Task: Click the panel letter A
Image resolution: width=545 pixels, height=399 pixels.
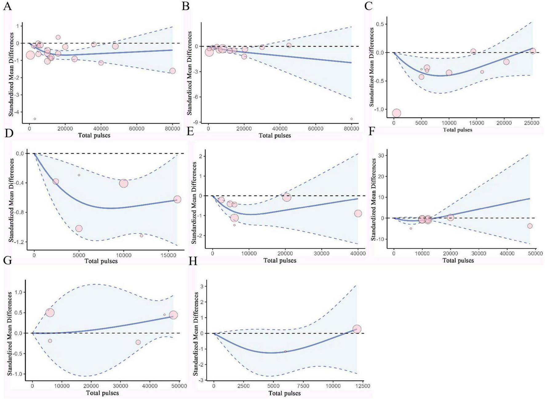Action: pyautogui.click(x=7, y=6)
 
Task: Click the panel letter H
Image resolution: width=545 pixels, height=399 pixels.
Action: pyautogui.click(x=193, y=261)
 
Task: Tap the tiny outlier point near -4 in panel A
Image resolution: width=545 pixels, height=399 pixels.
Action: pyautogui.click(x=35, y=119)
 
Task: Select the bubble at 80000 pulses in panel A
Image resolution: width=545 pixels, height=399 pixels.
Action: pyautogui.click(x=172, y=71)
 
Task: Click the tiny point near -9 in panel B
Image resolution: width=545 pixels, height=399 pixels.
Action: pyautogui.click(x=351, y=119)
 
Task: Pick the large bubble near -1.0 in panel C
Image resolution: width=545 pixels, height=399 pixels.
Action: pyautogui.click(x=396, y=113)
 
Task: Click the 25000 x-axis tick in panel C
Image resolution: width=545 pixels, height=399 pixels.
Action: pyautogui.click(x=531, y=123)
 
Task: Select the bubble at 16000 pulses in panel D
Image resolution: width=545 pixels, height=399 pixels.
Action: pyautogui.click(x=177, y=199)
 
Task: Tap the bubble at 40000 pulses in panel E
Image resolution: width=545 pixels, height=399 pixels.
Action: pyautogui.click(x=358, y=213)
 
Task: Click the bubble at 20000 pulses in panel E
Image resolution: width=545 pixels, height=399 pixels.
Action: pyautogui.click(x=287, y=197)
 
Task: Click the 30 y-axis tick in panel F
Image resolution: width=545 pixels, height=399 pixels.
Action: pyautogui.click(x=381, y=156)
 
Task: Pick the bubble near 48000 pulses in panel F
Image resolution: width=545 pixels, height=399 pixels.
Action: pyautogui.click(x=530, y=226)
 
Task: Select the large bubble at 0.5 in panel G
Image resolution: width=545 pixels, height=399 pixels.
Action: pyautogui.click(x=50, y=313)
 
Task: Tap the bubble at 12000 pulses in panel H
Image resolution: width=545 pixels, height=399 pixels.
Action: pyautogui.click(x=357, y=329)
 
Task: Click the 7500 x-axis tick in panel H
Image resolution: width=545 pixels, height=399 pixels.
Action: pyautogui.click(x=303, y=386)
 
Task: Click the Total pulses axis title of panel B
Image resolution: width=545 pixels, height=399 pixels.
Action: pyautogui.click(x=275, y=136)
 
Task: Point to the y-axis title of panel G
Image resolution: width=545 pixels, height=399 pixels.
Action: pyautogui.click(x=10, y=334)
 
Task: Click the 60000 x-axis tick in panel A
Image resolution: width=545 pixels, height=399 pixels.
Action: pyautogui.click(x=137, y=129)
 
